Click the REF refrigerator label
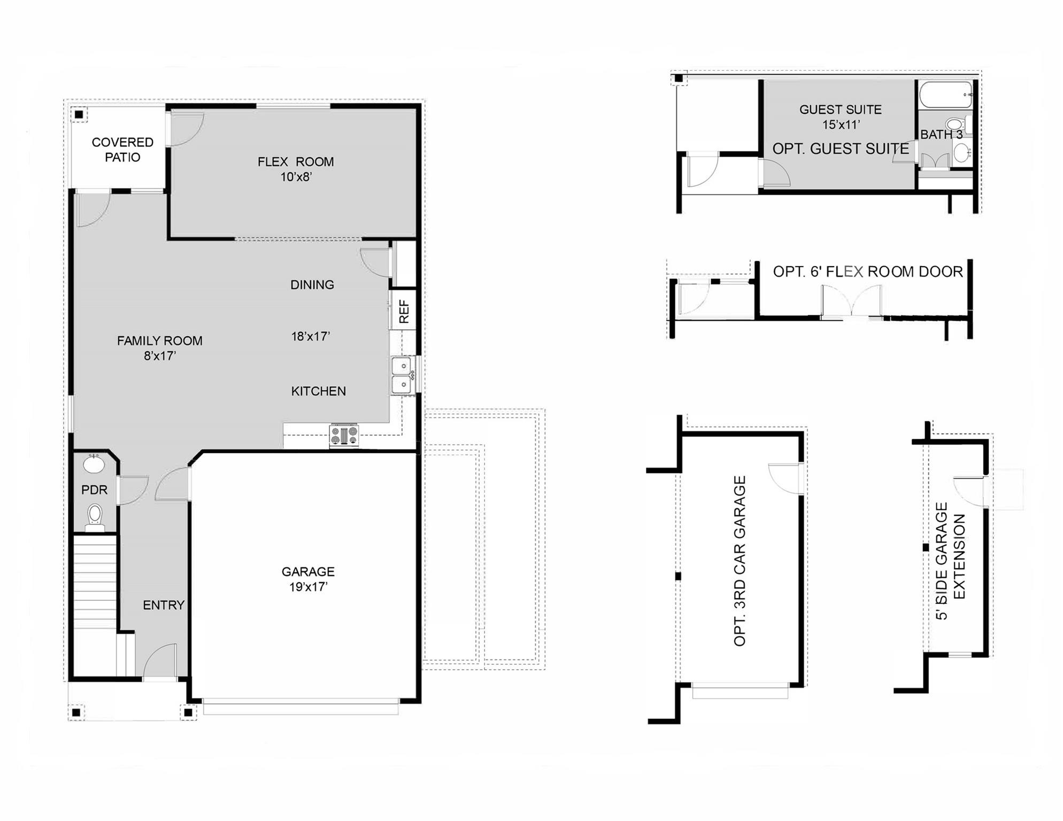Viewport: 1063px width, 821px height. pyautogui.click(x=404, y=311)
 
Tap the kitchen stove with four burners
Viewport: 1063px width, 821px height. pyautogui.click(x=344, y=436)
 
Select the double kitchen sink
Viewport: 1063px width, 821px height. pyautogui.click(x=402, y=376)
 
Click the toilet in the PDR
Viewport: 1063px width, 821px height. pyautogui.click(x=95, y=517)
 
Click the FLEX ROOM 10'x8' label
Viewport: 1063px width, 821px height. pyautogui.click(x=296, y=169)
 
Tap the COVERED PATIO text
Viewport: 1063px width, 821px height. pyautogui.click(x=122, y=150)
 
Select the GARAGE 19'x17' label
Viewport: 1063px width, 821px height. pyautogui.click(x=308, y=579)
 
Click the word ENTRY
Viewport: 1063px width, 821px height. pyautogui.click(x=163, y=605)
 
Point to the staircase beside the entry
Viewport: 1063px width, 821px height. pyautogui.click(x=95, y=583)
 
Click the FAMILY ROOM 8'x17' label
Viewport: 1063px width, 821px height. pyautogui.click(x=159, y=348)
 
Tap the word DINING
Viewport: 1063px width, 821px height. pyautogui.click(x=312, y=285)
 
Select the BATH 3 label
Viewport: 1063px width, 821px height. pyautogui.click(x=941, y=135)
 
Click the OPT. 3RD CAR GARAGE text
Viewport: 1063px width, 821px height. pyautogui.click(x=740, y=561)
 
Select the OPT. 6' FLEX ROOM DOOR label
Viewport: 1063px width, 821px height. pyautogui.click(x=867, y=272)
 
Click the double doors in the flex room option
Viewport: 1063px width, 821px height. pyautogui.click(x=851, y=302)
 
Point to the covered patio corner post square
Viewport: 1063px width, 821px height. pyautogui.click(x=79, y=114)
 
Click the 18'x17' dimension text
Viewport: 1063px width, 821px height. pyautogui.click(x=310, y=336)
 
